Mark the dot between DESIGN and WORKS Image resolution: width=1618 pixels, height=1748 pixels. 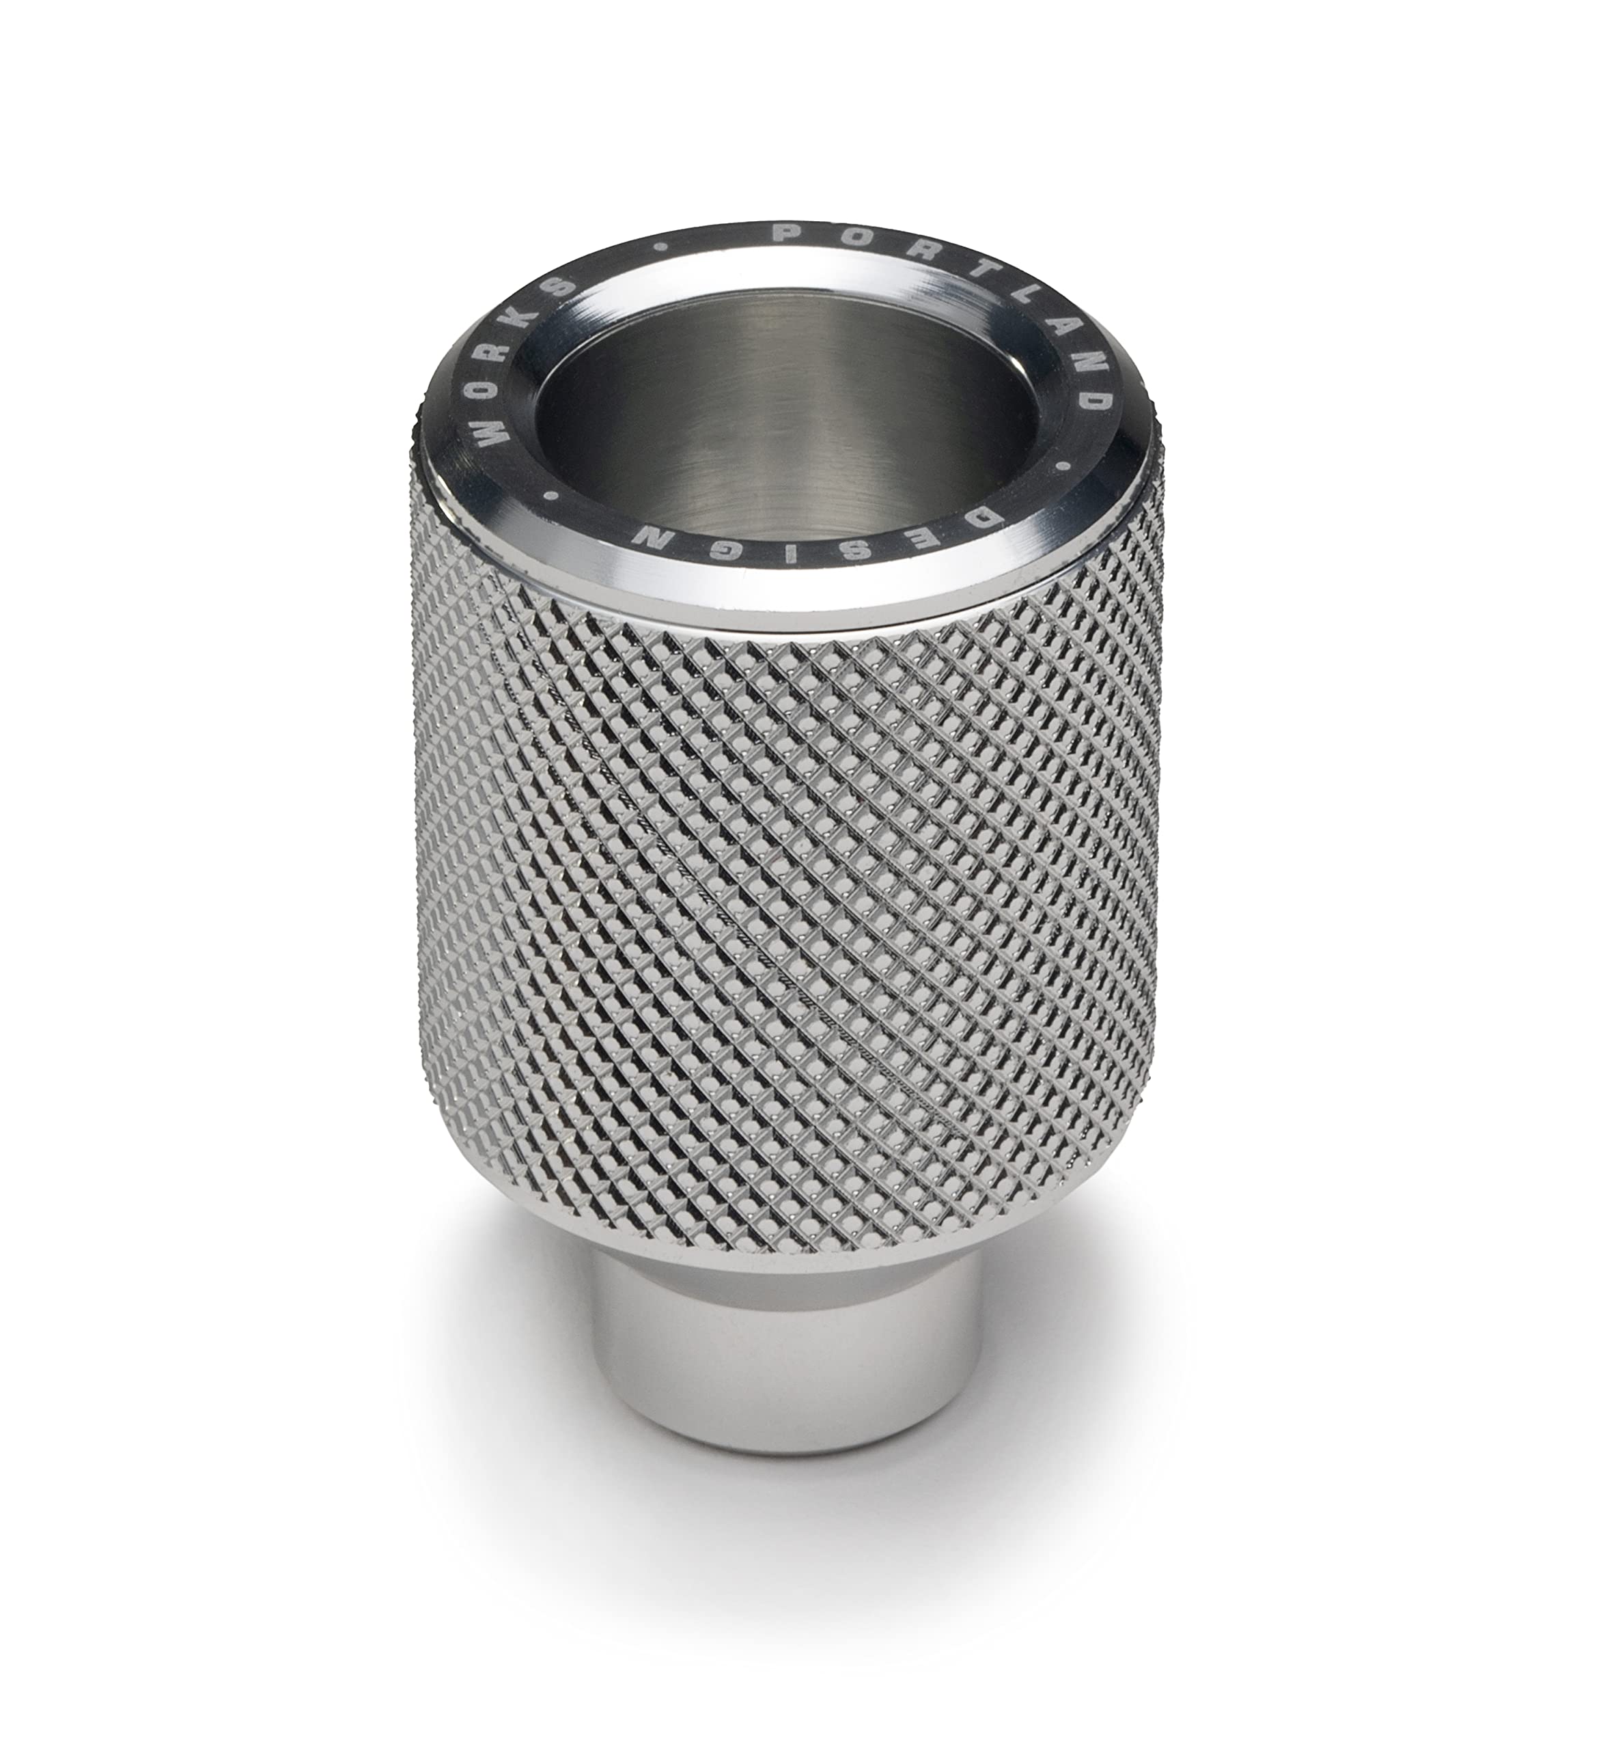tap(553, 496)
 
